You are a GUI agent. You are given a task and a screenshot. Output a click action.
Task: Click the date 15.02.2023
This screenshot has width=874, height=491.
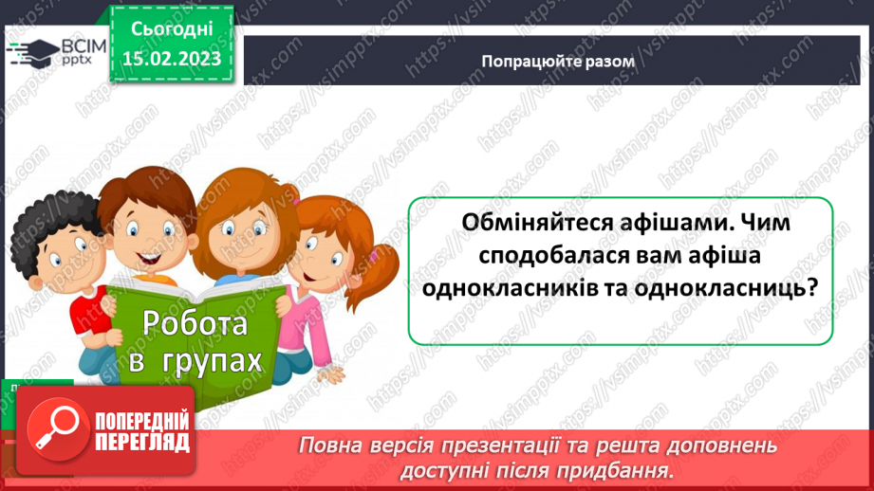[x=173, y=58]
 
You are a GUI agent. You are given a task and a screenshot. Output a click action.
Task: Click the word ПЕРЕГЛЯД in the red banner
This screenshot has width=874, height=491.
[x=142, y=442]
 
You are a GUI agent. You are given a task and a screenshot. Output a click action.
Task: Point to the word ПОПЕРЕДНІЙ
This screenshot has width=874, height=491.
[x=142, y=421]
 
